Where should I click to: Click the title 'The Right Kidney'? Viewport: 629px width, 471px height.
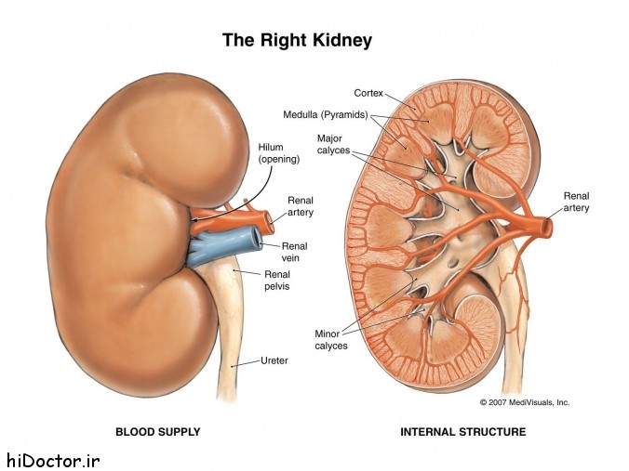click(x=297, y=41)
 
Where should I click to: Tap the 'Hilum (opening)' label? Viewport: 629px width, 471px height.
click(x=279, y=153)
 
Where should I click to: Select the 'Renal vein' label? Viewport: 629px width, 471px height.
click(x=294, y=252)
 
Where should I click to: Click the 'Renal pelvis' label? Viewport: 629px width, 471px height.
click(x=276, y=281)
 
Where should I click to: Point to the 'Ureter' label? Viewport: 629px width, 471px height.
click(x=274, y=360)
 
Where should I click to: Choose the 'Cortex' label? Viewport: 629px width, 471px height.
click(x=368, y=93)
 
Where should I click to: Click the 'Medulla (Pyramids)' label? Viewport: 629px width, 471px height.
click(x=326, y=115)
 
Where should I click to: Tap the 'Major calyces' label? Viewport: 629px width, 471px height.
click(x=333, y=144)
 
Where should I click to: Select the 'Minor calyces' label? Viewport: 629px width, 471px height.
click(x=331, y=340)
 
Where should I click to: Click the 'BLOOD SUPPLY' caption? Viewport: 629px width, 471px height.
click(x=157, y=432)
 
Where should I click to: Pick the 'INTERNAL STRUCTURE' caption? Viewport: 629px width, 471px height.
click(x=463, y=432)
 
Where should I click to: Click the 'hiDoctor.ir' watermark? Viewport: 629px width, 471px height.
click(x=50, y=460)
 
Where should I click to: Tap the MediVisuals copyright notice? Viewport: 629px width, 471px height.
click(x=525, y=402)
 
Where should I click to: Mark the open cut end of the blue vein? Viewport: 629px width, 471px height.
click(x=255, y=238)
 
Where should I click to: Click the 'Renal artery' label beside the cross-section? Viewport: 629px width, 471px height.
click(x=577, y=202)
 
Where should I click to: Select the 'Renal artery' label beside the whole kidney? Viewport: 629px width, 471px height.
click(x=301, y=206)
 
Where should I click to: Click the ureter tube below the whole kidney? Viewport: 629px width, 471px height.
click(x=230, y=340)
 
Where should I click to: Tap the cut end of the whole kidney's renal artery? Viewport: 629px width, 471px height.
click(x=268, y=223)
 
